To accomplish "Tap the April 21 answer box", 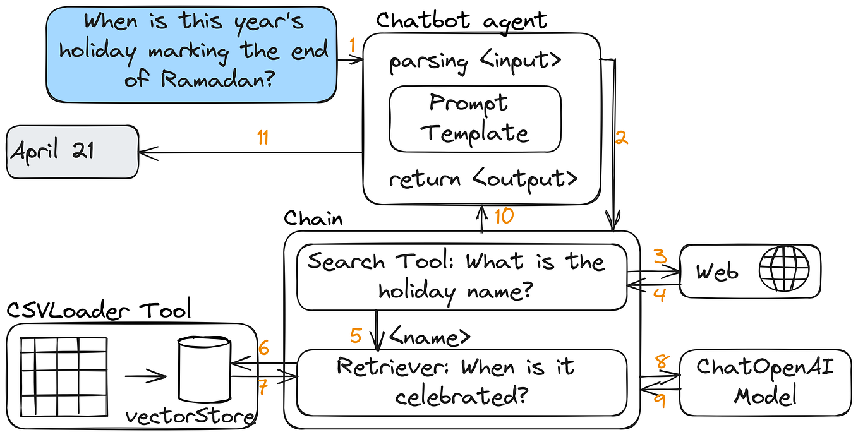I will click(x=72, y=152).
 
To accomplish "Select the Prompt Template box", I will click(x=475, y=119).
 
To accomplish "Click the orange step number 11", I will click(x=263, y=138).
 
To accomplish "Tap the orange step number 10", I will click(x=504, y=216).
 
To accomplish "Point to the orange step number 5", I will click(x=356, y=335).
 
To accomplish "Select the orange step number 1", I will click(x=353, y=45).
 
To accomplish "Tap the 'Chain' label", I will click(x=313, y=218).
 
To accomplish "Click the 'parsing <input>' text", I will click(x=474, y=62).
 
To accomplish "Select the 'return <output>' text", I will click(x=483, y=179).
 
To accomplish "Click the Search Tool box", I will click(x=462, y=277).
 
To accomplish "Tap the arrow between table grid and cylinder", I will click(x=145, y=377).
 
